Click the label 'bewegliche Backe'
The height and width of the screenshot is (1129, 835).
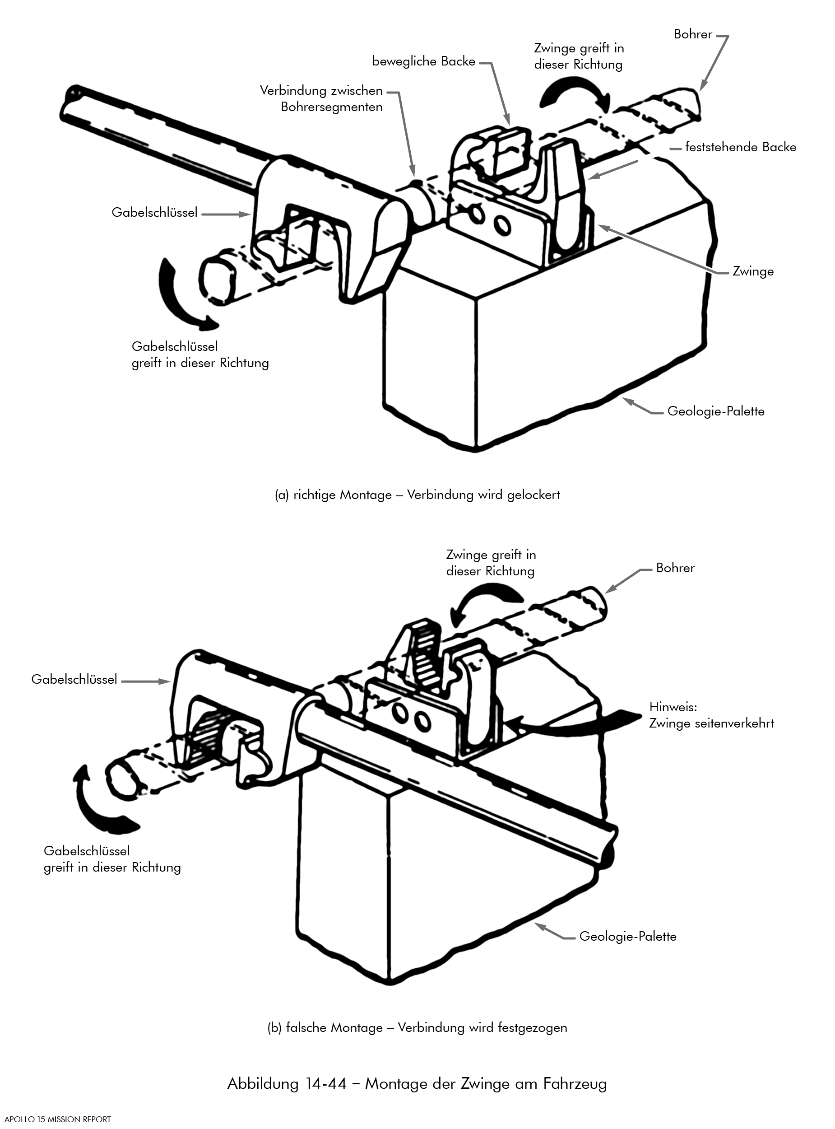pos(423,62)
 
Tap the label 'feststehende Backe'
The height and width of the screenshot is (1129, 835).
pos(741,148)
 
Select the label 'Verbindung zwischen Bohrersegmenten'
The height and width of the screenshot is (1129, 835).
pos(321,99)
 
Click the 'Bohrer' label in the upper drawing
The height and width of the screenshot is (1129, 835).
pos(693,34)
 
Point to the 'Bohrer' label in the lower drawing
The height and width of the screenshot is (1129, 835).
pos(675,568)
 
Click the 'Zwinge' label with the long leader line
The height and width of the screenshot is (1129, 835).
pos(753,271)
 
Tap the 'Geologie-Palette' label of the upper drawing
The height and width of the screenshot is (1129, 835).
pos(716,411)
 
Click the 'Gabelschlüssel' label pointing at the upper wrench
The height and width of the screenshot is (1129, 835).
pos(155,213)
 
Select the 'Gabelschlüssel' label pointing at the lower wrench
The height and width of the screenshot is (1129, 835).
pos(74,679)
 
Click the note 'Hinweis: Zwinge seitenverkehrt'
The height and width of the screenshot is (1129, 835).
pos(711,715)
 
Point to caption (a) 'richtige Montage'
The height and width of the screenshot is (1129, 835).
pos(417,495)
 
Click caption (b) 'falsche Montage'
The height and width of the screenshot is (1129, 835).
pos(417,1027)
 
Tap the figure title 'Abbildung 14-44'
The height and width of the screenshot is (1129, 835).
pos(417,1083)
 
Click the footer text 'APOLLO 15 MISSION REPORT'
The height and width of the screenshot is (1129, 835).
pos(58,1119)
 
